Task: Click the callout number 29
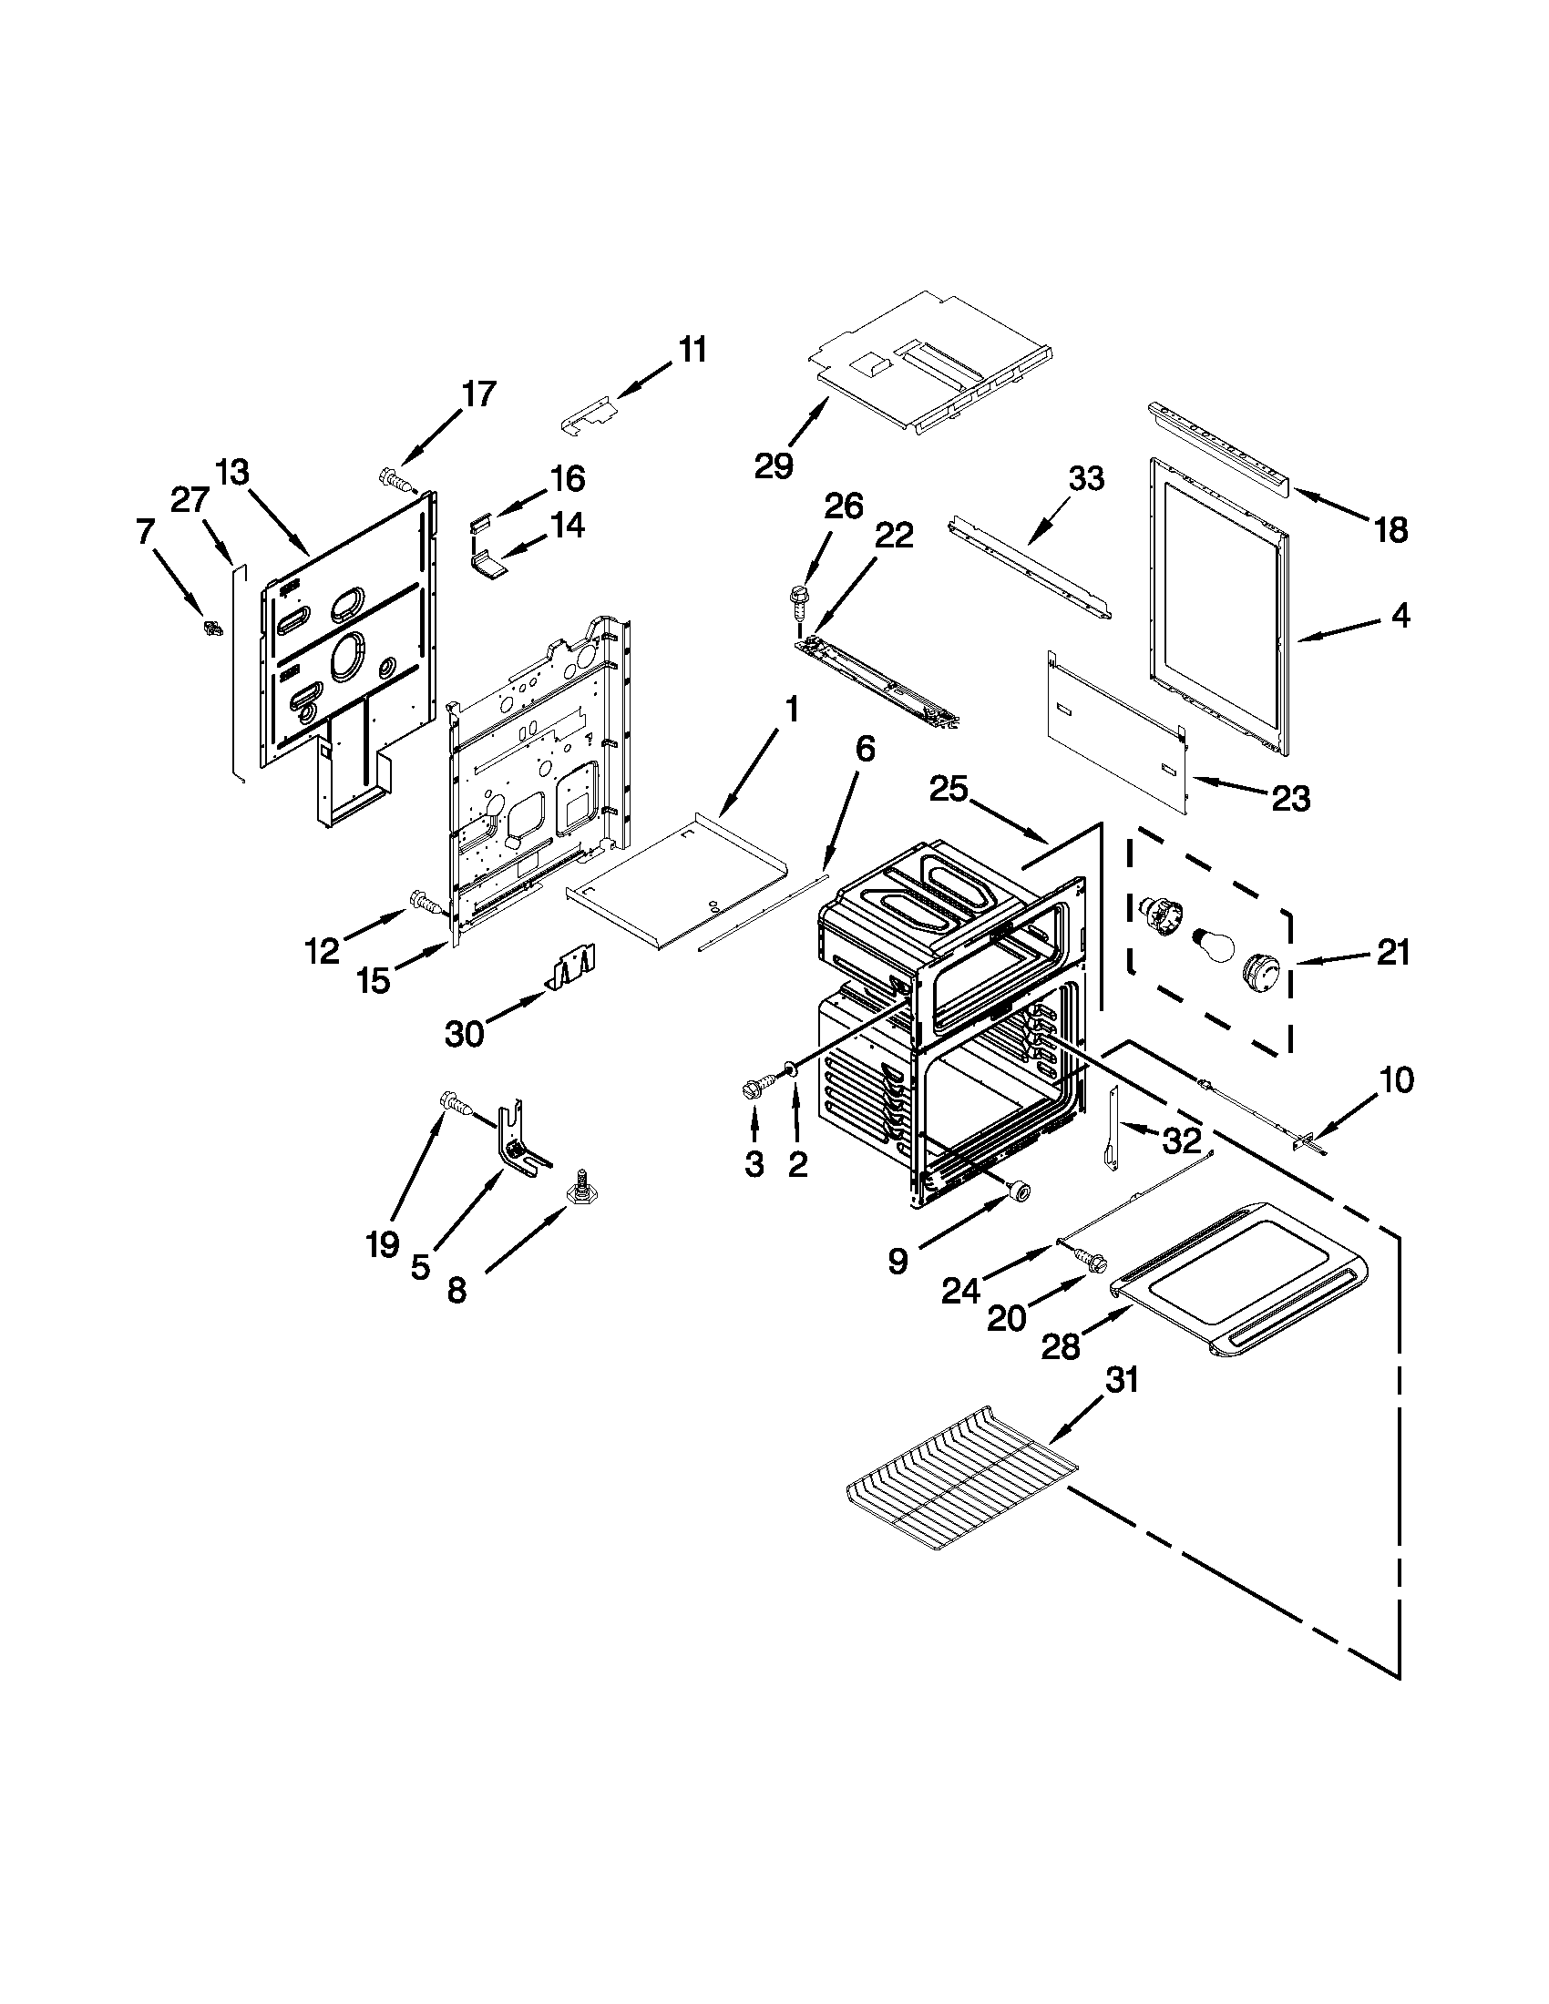[773, 466]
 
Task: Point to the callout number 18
[1391, 529]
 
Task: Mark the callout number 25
[949, 789]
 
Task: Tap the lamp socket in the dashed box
[1158, 915]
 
